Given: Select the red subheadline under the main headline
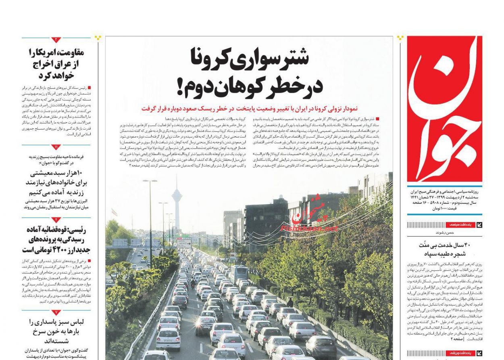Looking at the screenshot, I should [x=249, y=109].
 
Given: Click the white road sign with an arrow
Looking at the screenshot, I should [x=184, y=243].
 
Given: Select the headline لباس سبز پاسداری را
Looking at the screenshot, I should [x=56, y=331].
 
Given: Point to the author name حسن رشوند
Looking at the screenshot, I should [x=444, y=233].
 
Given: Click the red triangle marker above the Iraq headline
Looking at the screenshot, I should [x=56, y=40].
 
